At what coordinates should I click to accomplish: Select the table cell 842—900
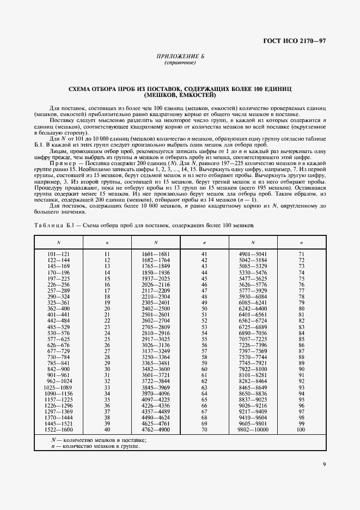coord(59,368)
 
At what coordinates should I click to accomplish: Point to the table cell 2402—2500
coord(156,308)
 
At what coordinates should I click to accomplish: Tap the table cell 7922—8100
coord(253,368)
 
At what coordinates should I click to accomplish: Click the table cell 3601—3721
coord(156,375)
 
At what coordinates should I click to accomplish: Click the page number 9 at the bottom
coord(324,464)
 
